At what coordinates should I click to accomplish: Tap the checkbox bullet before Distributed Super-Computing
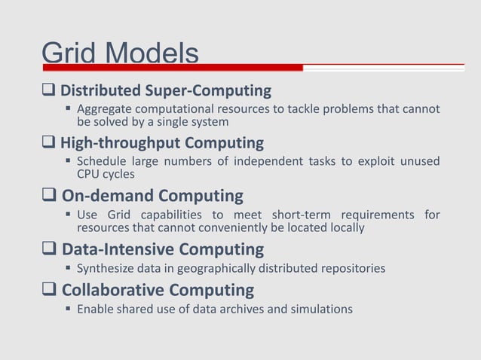point(51,92)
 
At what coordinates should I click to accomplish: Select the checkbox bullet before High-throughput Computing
point(51,143)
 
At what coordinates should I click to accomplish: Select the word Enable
point(96,309)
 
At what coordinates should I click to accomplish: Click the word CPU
point(89,175)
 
